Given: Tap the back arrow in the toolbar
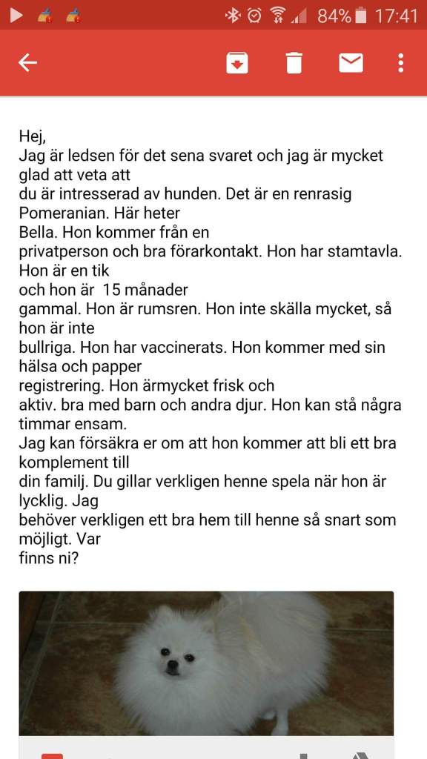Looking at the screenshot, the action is click(x=27, y=63).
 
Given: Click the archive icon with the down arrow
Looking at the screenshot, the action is click(x=236, y=63).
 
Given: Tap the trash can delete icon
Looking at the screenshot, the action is click(x=294, y=63).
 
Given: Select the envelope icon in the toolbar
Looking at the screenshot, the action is click(x=351, y=63).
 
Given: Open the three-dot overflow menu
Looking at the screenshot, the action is click(x=400, y=63).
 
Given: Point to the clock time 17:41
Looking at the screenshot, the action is click(x=396, y=15).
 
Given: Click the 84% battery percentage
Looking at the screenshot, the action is click(x=334, y=15).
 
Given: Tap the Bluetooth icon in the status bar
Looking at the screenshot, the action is click(x=233, y=15).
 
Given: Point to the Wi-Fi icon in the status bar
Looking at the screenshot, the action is click(x=277, y=15).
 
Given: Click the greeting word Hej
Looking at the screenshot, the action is click(x=32, y=136).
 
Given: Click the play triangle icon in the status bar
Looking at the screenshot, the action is click(x=16, y=15).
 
